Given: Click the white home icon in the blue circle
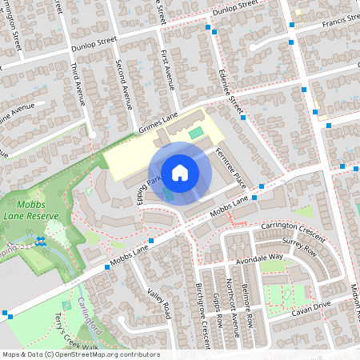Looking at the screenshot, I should (180, 171).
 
